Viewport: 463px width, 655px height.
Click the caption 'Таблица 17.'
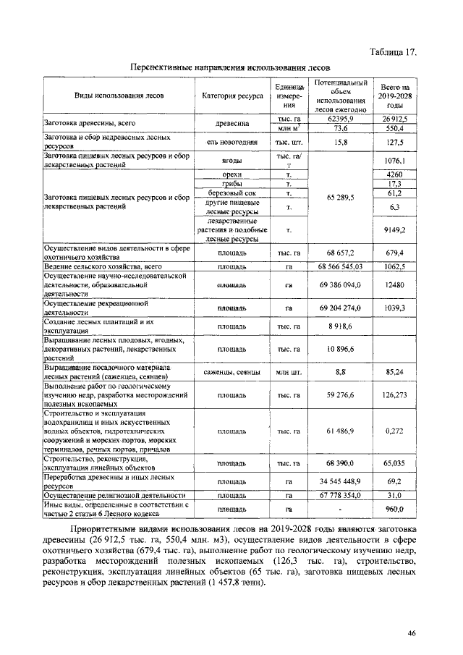click(x=394, y=52)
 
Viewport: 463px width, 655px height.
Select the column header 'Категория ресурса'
click(x=233, y=96)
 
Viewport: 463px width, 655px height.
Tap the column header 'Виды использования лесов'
click(x=119, y=96)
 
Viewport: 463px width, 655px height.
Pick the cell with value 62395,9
click(x=339, y=118)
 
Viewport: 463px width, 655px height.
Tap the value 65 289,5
click(x=339, y=198)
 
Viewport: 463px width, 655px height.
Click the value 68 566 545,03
click(x=339, y=267)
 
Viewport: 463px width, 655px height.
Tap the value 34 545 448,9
click(x=339, y=481)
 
